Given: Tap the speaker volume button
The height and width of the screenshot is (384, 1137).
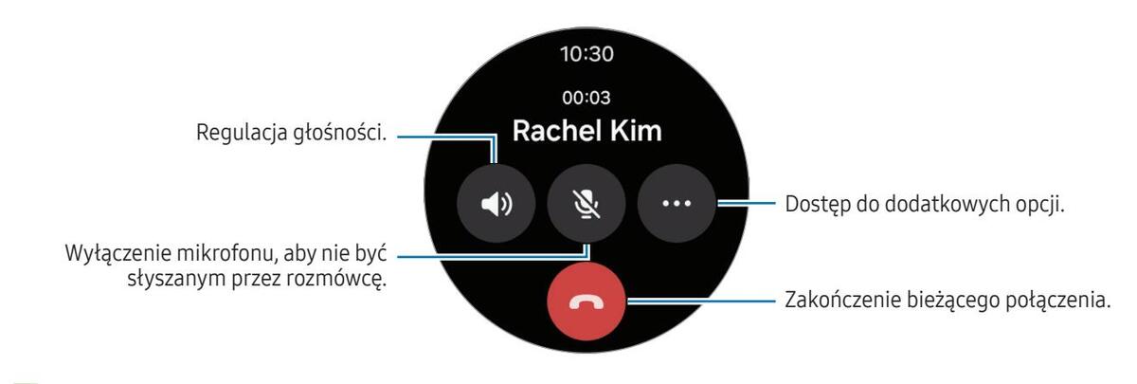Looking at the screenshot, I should tap(496, 205).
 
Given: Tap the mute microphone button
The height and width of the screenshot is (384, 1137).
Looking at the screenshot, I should tap(587, 205).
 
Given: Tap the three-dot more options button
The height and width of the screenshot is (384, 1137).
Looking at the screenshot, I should tap(677, 205).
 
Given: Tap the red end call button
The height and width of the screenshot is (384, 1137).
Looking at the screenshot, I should tap(587, 302).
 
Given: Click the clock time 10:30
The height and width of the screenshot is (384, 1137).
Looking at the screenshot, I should tap(587, 54).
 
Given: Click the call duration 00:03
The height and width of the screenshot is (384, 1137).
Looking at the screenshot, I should tap(587, 98).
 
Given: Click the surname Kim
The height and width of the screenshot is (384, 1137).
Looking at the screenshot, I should tap(638, 132).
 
